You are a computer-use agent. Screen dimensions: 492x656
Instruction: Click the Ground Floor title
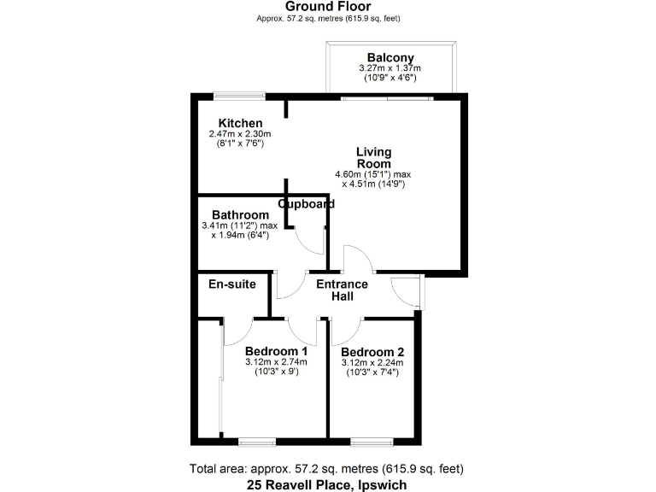[x=328, y=7]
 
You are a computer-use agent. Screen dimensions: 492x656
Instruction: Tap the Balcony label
[x=390, y=58]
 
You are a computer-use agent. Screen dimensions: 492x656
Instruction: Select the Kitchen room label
[x=240, y=123]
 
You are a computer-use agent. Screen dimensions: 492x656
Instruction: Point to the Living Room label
[x=374, y=158]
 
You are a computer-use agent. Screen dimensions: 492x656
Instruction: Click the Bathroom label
[x=240, y=214]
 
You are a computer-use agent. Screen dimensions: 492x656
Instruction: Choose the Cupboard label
[x=306, y=204]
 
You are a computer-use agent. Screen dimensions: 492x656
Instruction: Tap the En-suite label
[x=232, y=284]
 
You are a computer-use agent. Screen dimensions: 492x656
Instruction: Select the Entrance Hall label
[x=342, y=290]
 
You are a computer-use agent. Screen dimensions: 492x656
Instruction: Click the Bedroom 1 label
[x=276, y=351]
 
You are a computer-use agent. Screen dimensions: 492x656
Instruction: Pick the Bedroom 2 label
[x=372, y=352]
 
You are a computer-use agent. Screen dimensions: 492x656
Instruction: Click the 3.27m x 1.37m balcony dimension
[x=390, y=68]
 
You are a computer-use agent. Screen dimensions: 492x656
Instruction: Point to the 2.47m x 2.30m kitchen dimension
[x=240, y=134]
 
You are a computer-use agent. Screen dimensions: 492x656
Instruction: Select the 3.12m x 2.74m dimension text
[x=276, y=362]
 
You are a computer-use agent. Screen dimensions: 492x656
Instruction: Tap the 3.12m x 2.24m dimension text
[x=372, y=363]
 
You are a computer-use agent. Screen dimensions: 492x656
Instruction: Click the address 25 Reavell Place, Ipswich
[x=328, y=484]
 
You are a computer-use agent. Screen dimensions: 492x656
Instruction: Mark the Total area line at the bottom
[x=328, y=469]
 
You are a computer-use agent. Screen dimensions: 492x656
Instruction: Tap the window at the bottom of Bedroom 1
[x=257, y=441]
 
